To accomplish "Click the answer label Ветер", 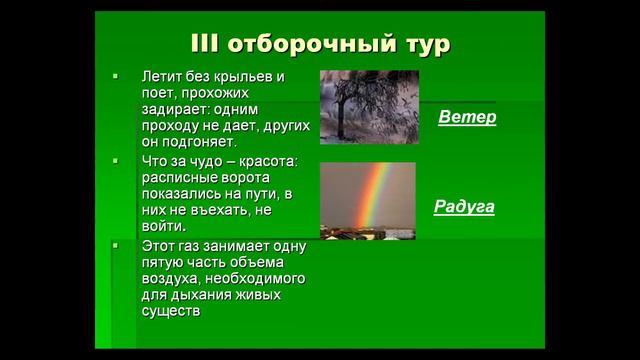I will (x=467, y=117).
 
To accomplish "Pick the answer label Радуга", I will (x=464, y=207).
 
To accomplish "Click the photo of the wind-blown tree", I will (x=368, y=106).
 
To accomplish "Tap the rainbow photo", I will (x=367, y=200).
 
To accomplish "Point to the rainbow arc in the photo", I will (x=377, y=190).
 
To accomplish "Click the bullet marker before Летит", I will (x=116, y=76).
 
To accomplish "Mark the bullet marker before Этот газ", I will (x=116, y=245).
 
